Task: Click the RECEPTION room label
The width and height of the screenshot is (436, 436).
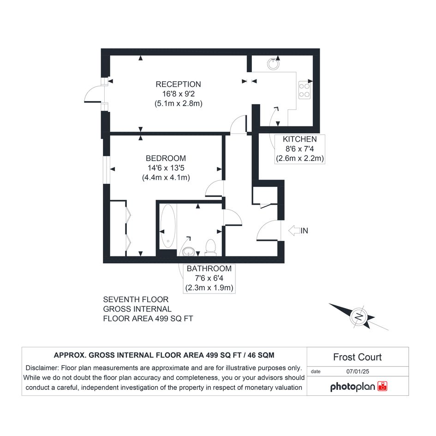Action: pos(178,84)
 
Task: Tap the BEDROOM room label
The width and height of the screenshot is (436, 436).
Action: pos(166,158)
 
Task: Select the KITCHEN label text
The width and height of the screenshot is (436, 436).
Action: pos(300,139)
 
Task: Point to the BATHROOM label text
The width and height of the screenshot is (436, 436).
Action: pos(209,269)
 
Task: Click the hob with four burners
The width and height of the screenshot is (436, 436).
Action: pos(305,90)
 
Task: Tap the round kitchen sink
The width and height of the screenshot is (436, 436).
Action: pos(273,64)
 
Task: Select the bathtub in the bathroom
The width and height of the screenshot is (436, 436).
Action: pos(168,227)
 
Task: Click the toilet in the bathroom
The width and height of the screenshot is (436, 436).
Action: pos(210,247)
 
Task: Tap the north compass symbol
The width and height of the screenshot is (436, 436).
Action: pos(358,317)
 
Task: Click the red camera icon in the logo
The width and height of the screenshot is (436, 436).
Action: pos(382,386)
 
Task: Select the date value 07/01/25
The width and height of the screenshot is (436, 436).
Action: pos(358,371)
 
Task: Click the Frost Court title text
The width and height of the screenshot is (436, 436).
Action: pos(357,357)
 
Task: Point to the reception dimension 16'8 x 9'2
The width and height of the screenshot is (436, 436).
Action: pos(179,94)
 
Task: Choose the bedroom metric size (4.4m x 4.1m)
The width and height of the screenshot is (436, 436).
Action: pos(166,178)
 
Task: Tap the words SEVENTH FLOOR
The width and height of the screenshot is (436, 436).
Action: pos(136,299)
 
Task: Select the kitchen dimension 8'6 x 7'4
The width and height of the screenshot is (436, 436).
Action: pos(300,149)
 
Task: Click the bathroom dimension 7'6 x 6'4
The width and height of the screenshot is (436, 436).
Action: pos(209,278)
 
